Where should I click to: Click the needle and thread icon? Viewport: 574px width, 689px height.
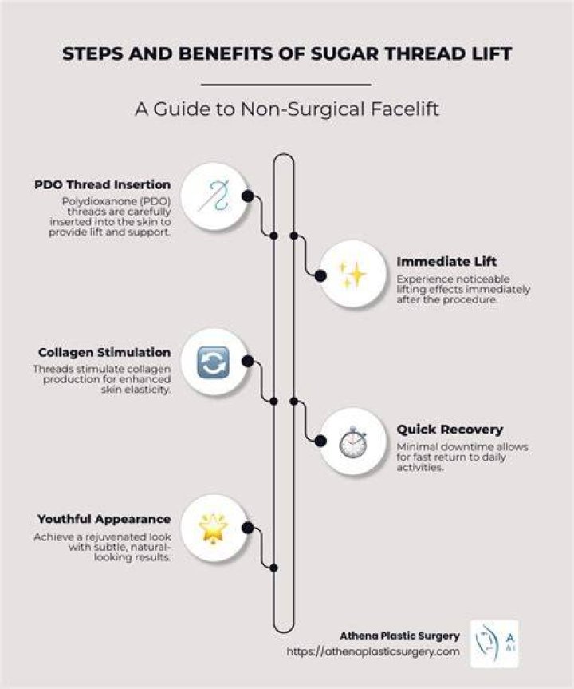214,195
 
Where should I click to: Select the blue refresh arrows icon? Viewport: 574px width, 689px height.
214,362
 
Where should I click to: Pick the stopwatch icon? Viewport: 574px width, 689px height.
353,442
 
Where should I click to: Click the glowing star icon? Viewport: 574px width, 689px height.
214,529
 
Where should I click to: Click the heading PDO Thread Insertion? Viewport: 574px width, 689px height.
103,185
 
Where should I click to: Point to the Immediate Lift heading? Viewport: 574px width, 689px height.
446,261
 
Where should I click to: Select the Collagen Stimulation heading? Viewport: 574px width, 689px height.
104,352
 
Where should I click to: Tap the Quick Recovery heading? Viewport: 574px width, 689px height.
450,430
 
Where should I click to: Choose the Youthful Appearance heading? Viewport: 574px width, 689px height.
104,519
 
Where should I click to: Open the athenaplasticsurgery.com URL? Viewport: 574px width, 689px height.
373,651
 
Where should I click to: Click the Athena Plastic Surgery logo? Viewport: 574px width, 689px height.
494,643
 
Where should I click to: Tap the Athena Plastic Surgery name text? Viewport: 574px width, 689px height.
399,636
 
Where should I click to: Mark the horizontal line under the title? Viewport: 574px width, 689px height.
286,85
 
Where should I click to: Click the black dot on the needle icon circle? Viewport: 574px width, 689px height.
248,196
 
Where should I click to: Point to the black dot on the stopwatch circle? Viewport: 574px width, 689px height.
320,441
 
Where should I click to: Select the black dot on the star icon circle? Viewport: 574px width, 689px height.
248,528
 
